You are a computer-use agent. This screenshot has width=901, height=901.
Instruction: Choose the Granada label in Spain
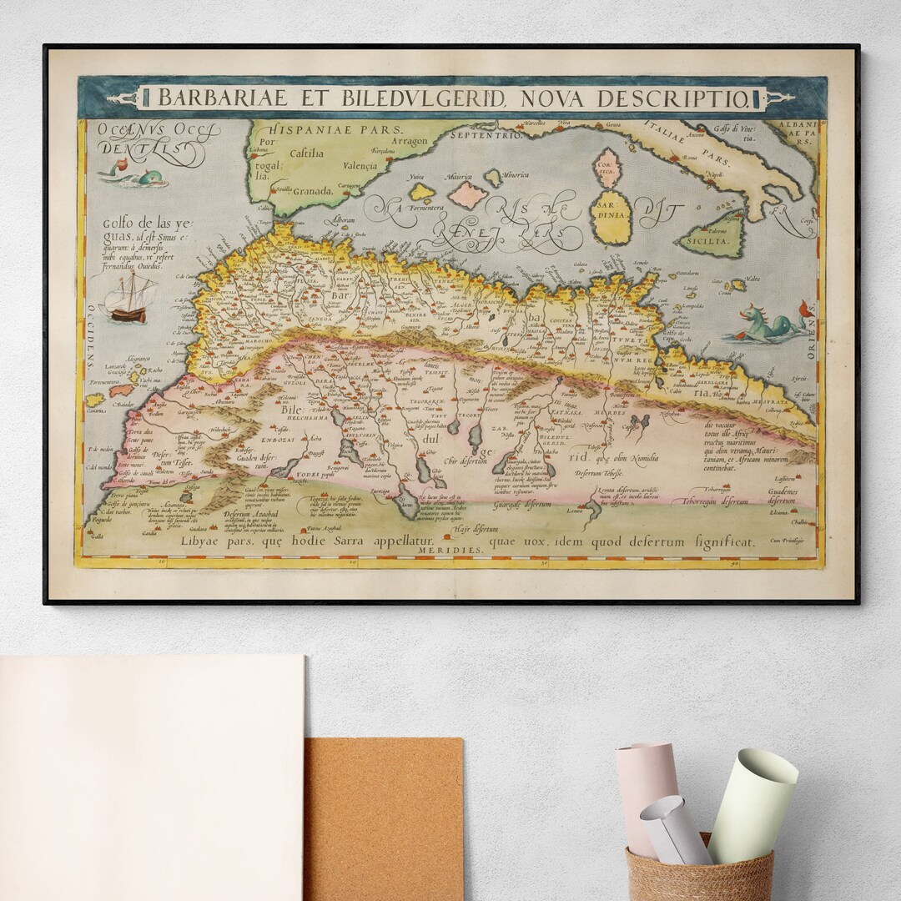point(313,190)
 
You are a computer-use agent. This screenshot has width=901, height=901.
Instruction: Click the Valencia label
point(367,165)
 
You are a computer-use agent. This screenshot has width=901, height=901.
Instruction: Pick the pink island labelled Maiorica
point(467,195)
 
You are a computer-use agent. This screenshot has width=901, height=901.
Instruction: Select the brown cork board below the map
point(383,818)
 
